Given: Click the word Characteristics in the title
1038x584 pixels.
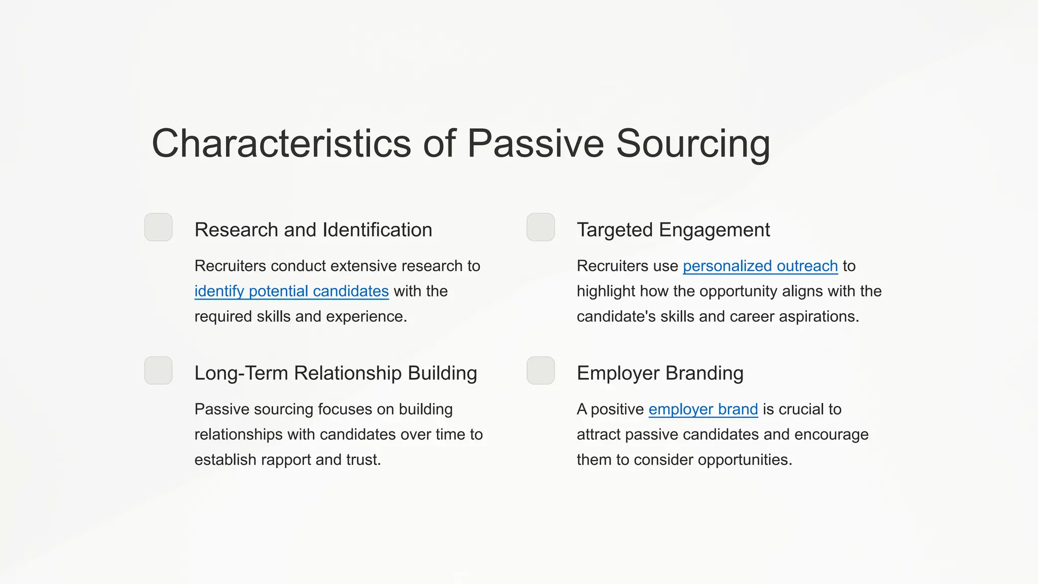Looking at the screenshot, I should (281, 144).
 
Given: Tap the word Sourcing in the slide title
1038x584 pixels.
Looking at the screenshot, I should (693, 144).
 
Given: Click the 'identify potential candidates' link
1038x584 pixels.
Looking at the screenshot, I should (291, 291).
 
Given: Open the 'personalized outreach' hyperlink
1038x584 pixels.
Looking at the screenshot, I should (760, 266).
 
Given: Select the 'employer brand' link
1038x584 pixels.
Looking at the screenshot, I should (703, 410).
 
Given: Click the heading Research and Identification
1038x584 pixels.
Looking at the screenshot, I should (313, 230).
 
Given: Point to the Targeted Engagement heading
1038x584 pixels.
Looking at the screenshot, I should (673, 230).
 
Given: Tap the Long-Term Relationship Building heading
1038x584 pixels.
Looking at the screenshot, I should (336, 374).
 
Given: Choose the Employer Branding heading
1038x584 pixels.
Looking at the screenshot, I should (660, 374).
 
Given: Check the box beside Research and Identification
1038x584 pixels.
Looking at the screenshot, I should (159, 227).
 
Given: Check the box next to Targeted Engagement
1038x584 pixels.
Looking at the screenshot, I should (541, 227).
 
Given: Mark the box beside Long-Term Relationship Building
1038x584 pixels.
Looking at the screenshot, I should (159, 371).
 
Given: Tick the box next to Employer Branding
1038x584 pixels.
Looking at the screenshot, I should (541, 371).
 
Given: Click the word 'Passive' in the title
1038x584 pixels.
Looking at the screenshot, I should (535, 144).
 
